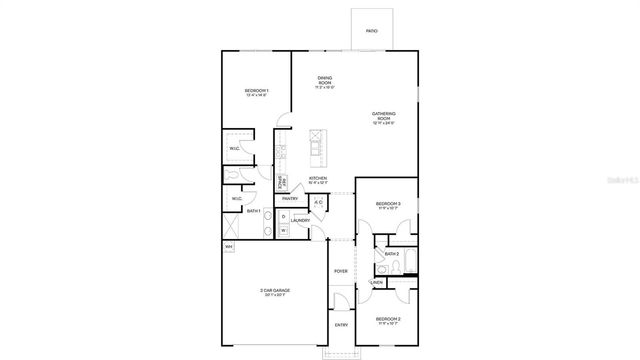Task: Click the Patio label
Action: (x=371, y=32)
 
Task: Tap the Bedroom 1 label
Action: (x=256, y=92)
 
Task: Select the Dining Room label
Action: (x=324, y=80)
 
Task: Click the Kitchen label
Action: (x=318, y=180)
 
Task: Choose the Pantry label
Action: (x=290, y=198)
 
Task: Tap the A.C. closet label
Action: (x=318, y=203)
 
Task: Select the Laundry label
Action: (x=300, y=220)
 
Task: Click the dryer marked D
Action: (x=283, y=216)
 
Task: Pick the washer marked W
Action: (x=283, y=231)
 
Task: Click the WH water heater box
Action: (x=228, y=246)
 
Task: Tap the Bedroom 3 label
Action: (x=388, y=205)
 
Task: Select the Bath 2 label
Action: (x=392, y=254)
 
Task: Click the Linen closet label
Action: (x=377, y=282)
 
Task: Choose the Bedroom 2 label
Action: (x=388, y=320)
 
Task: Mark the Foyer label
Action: (x=341, y=271)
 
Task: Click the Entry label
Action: (x=341, y=325)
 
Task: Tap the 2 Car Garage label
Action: (x=273, y=292)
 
